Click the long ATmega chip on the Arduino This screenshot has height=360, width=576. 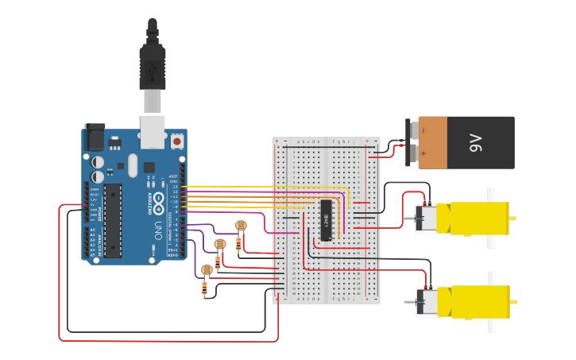[x=113, y=221]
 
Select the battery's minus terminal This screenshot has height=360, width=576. [x=423, y=130]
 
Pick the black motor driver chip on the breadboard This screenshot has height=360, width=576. [x=326, y=220]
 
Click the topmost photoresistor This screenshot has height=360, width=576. [x=241, y=226]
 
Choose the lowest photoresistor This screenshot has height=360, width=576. [x=207, y=270]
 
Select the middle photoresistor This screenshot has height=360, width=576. [x=220, y=243]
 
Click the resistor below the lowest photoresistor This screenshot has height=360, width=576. [x=206, y=290]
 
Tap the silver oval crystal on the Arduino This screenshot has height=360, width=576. [x=132, y=165]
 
